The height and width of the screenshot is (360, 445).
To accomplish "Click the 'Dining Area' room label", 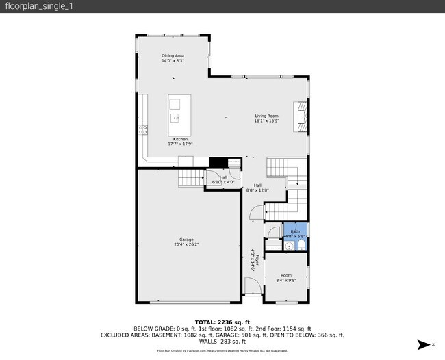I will (x=173, y=55).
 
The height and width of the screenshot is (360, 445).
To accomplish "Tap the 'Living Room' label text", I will (x=266, y=116).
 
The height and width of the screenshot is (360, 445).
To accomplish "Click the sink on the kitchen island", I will (x=176, y=118).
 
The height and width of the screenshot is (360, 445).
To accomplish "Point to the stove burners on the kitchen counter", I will (x=144, y=128).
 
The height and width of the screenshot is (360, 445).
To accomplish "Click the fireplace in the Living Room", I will (x=300, y=115).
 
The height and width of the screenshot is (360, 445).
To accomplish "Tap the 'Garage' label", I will (x=186, y=239).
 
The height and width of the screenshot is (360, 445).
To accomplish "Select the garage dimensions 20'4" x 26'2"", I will (x=186, y=244).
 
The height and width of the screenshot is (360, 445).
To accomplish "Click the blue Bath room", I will (x=295, y=234).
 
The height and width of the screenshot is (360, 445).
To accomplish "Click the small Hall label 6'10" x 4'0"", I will (x=223, y=180).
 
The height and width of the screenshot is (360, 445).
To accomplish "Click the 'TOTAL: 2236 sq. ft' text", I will (x=222, y=322).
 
